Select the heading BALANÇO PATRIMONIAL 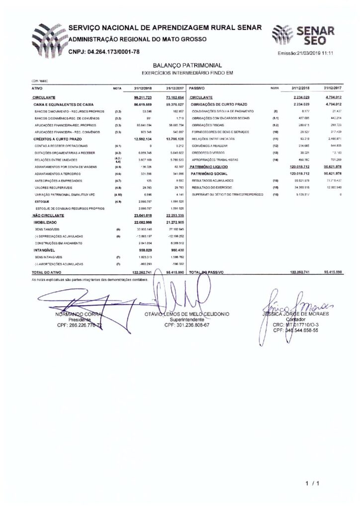[x=180, y=65]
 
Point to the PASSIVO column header [x=198, y=87]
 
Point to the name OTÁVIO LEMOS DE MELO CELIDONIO [x=186, y=315]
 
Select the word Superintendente [x=186, y=320]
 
